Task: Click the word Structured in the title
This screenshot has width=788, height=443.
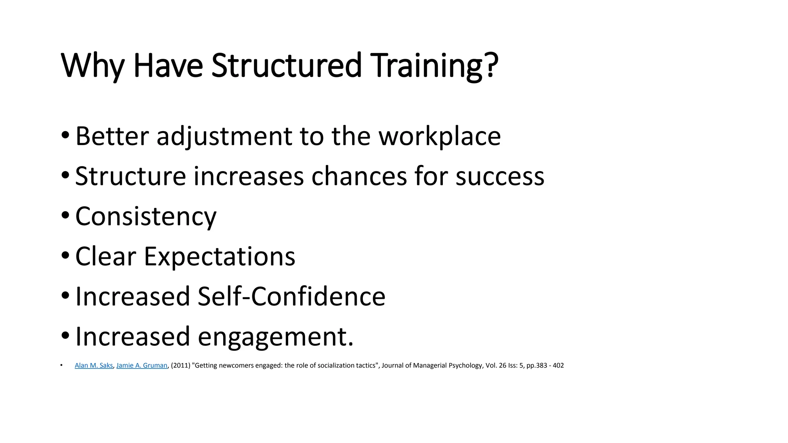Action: pyautogui.click(x=286, y=65)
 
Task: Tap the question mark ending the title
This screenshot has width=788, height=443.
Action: pyautogui.click(x=490, y=65)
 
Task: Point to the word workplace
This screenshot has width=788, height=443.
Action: pyautogui.click(x=440, y=137)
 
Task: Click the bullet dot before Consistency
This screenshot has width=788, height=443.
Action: pyautogui.click(x=65, y=215)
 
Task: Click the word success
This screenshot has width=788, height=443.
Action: pyautogui.click(x=500, y=177)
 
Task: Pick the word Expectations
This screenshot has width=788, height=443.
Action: pyautogui.click(x=219, y=257)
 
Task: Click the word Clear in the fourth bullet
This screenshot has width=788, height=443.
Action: pyautogui.click(x=105, y=256)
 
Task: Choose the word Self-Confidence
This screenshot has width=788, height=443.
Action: pyautogui.click(x=291, y=296)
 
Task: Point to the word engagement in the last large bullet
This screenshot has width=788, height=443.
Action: pyautogui.click(x=275, y=337)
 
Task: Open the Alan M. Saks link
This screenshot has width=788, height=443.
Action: pyautogui.click(x=93, y=365)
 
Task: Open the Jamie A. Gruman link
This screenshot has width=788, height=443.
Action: pyautogui.click(x=142, y=365)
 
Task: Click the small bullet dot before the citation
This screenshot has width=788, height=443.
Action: pyautogui.click(x=61, y=365)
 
